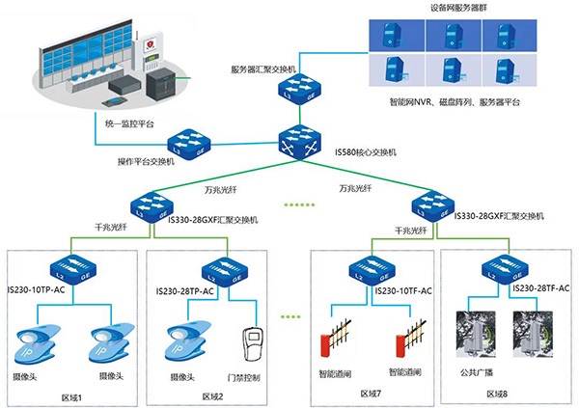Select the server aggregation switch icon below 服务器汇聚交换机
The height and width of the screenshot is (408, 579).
tap(297, 96)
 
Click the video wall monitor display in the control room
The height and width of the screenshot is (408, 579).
tap(77, 68)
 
